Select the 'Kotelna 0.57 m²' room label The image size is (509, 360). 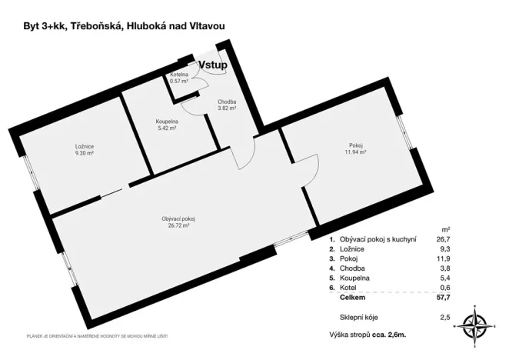(x=179, y=77)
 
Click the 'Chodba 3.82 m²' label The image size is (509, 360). (x=226, y=105)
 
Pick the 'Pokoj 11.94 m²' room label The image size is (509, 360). (x=355, y=148)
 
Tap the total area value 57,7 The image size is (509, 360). (x=444, y=296)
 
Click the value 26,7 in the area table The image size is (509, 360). (x=444, y=239)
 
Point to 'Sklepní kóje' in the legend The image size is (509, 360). (x=358, y=317)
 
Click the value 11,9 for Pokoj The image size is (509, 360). (x=444, y=258)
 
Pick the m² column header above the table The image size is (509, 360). (x=446, y=229)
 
